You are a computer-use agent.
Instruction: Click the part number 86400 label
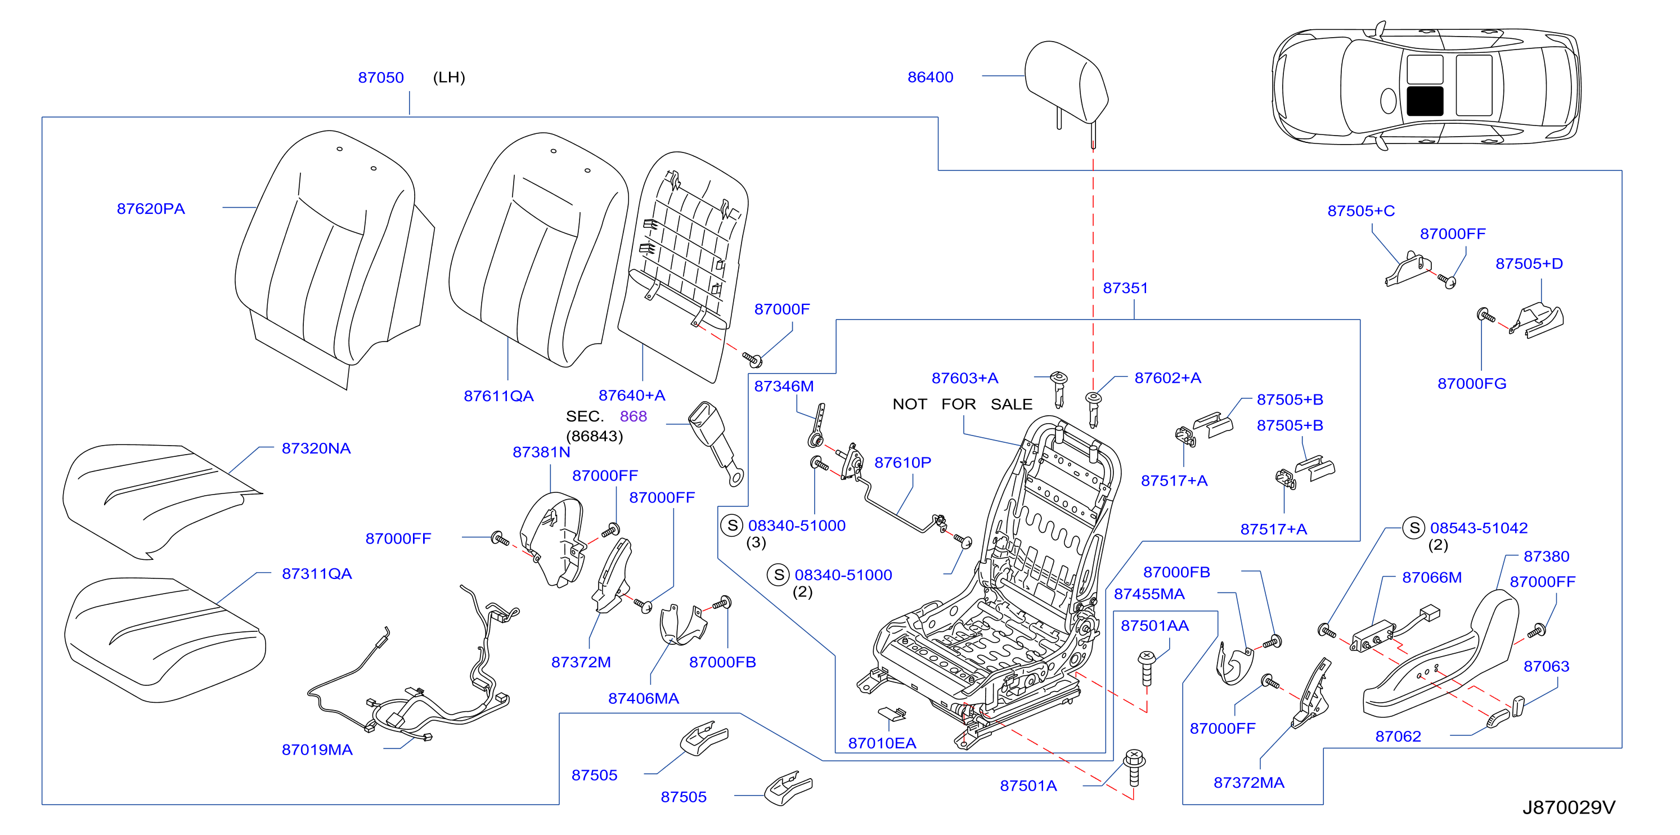coord(930,77)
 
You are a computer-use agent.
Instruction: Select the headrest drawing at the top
coord(1066,88)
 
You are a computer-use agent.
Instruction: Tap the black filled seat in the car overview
coord(1425,101)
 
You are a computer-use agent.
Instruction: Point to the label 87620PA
coord(151,209)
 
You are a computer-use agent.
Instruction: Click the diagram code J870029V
coord(1569,807)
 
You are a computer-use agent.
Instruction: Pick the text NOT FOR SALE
coord(962,405)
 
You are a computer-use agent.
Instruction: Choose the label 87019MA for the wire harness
coord(317,749)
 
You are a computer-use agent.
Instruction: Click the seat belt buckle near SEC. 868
coord(716,442)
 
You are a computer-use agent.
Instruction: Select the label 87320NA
coord(316,448)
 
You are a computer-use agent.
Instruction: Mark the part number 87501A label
coord(1028,785)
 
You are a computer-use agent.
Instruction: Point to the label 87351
coord(1125,288)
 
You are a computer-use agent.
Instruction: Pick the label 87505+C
coord(1361,210)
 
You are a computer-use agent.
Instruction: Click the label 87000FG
coord(1472,384)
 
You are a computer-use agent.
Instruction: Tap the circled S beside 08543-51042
coord(1414,528)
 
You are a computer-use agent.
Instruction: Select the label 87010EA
coord(882,743)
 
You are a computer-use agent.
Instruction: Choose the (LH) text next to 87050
coord(449,77)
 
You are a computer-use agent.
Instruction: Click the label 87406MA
coord(644,699)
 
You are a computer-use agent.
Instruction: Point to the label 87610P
coord(902,463)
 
